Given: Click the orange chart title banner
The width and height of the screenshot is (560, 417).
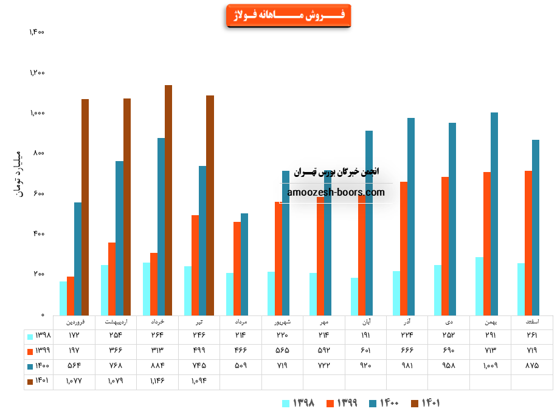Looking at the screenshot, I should pyautogui.click(x=288, y=15).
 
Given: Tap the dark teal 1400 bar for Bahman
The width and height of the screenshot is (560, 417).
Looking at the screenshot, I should pyautogui.click(x=494, y=213).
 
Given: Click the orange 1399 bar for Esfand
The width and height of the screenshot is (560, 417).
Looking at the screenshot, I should pyautogui.click(x=528, y=243).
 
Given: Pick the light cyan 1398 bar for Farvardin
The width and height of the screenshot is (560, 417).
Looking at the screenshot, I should pyautogui.click(x=63, y=298).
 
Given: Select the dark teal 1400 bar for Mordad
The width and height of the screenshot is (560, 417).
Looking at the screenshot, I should pyautogui.click(x=244, y=264).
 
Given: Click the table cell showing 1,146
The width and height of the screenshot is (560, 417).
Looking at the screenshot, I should pyautogui.click(x=157, y=381).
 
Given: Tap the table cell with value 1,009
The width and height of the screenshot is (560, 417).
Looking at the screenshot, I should pyautogui.click(x=490, y=366).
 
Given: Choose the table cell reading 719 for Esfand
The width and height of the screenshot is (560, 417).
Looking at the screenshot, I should pyautogui.click(x=531, y=351).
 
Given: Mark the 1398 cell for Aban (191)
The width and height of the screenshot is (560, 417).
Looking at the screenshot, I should pyautogui.click(x=365, y=336).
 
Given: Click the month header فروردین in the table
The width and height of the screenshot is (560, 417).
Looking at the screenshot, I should pyautogui.click(x=74, y=321).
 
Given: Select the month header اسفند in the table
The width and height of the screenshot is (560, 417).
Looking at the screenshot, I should pyautogui.click(x=531, y=321).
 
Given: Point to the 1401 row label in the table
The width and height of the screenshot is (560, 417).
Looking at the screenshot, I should pyautogui.click(x=38, y=381).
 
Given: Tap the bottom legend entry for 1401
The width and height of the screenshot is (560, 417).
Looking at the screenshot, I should pyautogui.click(x=425, y=403).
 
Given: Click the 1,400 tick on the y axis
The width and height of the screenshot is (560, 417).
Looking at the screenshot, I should pyautogui.click(x=37, y=32).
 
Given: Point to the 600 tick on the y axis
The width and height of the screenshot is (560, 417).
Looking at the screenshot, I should pyautogui.click(x=39, y=194).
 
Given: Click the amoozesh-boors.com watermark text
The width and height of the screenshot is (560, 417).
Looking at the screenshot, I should pyautogui.click(x=336, y=192).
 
